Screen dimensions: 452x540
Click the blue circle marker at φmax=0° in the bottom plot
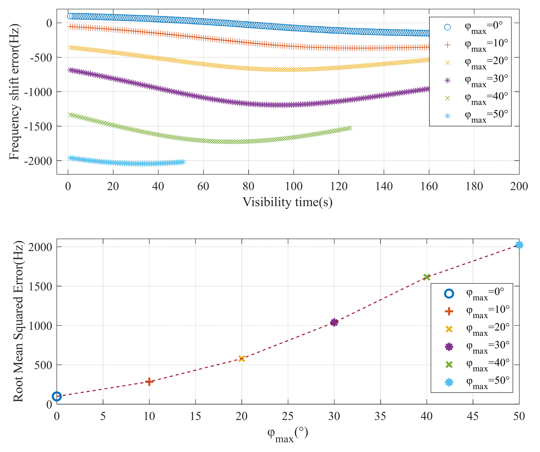57,396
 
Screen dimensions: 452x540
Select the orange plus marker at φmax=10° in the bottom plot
149,381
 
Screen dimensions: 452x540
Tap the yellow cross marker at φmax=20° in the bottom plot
241,359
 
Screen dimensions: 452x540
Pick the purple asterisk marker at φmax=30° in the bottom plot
334,322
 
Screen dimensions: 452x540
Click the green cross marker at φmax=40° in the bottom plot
427,277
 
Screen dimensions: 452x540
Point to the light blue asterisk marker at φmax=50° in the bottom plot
519,245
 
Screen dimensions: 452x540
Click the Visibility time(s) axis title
288,202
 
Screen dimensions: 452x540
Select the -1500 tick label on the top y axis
38,126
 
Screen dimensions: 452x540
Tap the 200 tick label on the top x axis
519,186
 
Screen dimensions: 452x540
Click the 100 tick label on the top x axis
293,186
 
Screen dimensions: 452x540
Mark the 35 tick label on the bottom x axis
380,416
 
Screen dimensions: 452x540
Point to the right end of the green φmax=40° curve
349,128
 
